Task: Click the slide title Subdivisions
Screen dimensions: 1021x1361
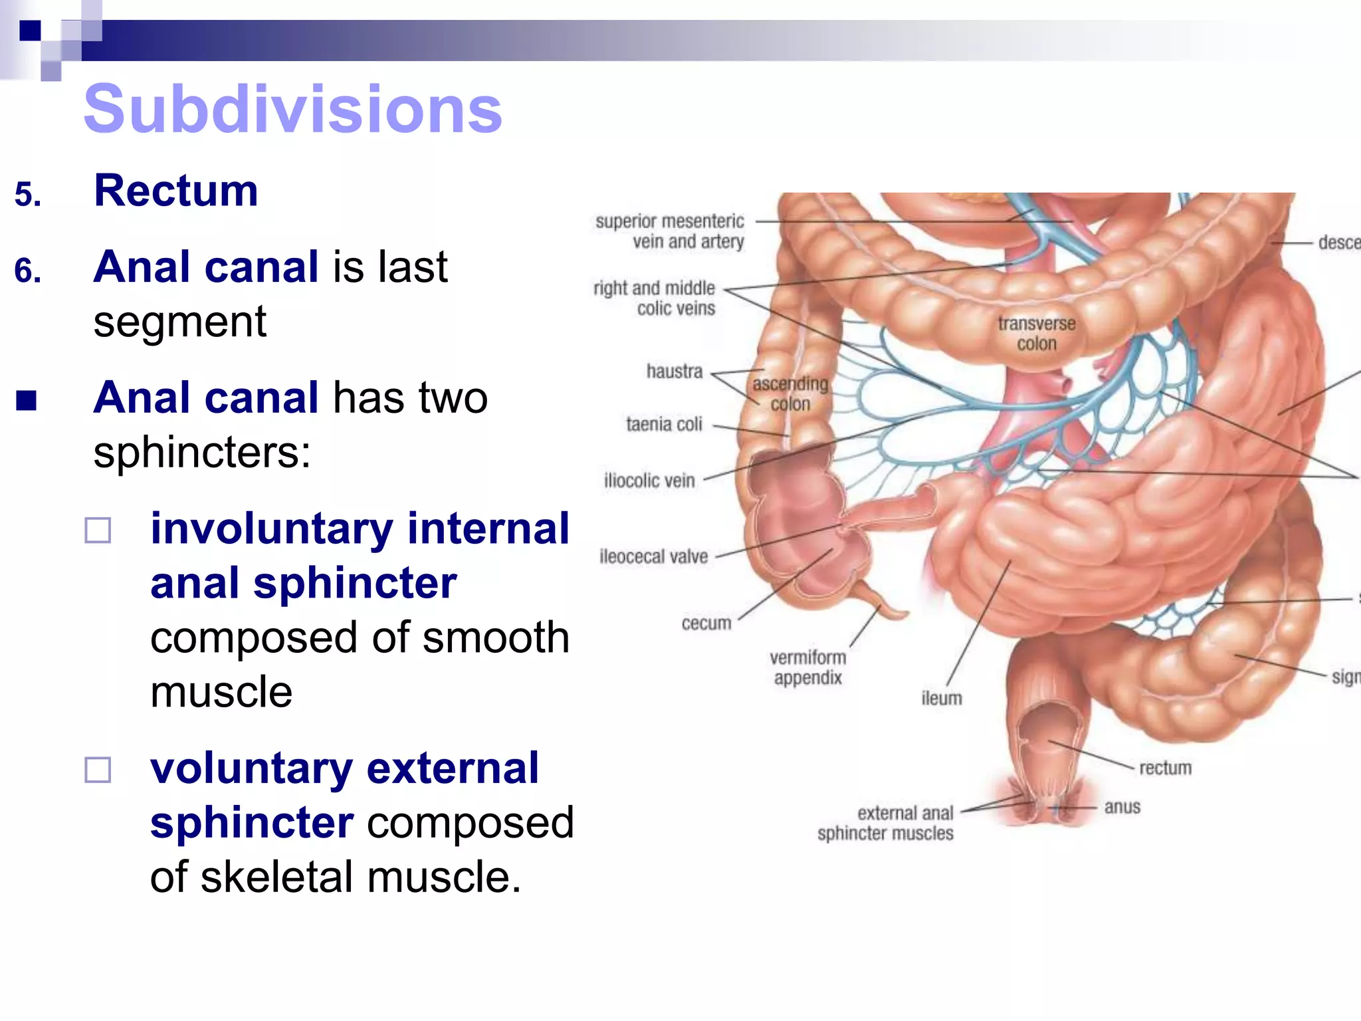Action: point(292,109)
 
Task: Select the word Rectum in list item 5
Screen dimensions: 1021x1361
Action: point(176,191)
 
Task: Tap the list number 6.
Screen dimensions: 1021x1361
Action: point(28,271)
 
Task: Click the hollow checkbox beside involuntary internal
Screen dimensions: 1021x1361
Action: point(98,530)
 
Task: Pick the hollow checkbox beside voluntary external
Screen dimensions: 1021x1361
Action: point(98,770)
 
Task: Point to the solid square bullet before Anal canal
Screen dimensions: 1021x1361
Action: point(27,400)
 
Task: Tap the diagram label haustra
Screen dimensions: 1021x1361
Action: point(675,371)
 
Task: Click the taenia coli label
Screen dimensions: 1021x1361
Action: point(664,424)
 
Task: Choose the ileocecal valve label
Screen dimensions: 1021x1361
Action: point(654,556)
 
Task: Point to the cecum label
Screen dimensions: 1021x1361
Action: point(706,624)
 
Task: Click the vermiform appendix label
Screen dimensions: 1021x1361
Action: point(808,667)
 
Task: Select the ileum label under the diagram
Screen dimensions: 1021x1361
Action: point(942,698)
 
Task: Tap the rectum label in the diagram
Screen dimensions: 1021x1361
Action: point(1166,768)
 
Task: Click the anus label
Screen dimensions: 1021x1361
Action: point(1122,807)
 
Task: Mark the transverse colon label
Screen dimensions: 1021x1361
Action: point(1037,334)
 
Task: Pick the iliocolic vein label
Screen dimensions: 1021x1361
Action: point(649,480)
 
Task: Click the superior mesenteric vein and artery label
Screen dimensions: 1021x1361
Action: point(670,231)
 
